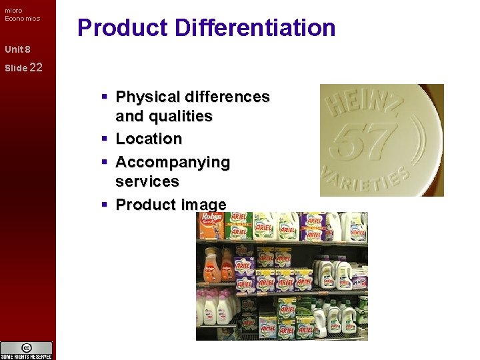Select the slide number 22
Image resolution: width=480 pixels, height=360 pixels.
pos(36,67)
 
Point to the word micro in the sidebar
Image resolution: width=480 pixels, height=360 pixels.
pos(13,10)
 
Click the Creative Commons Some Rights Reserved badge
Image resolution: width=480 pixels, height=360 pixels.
pos(27,350)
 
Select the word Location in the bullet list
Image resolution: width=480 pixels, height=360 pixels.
pos(149,139)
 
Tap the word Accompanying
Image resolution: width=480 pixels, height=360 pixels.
pos(173,162)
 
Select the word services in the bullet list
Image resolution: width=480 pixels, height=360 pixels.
pos(147,181)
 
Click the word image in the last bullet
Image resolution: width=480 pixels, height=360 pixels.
pos(203,205)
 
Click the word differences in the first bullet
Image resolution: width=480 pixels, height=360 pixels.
pos(226,97)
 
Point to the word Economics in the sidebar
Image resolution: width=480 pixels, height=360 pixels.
pos(23,19)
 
